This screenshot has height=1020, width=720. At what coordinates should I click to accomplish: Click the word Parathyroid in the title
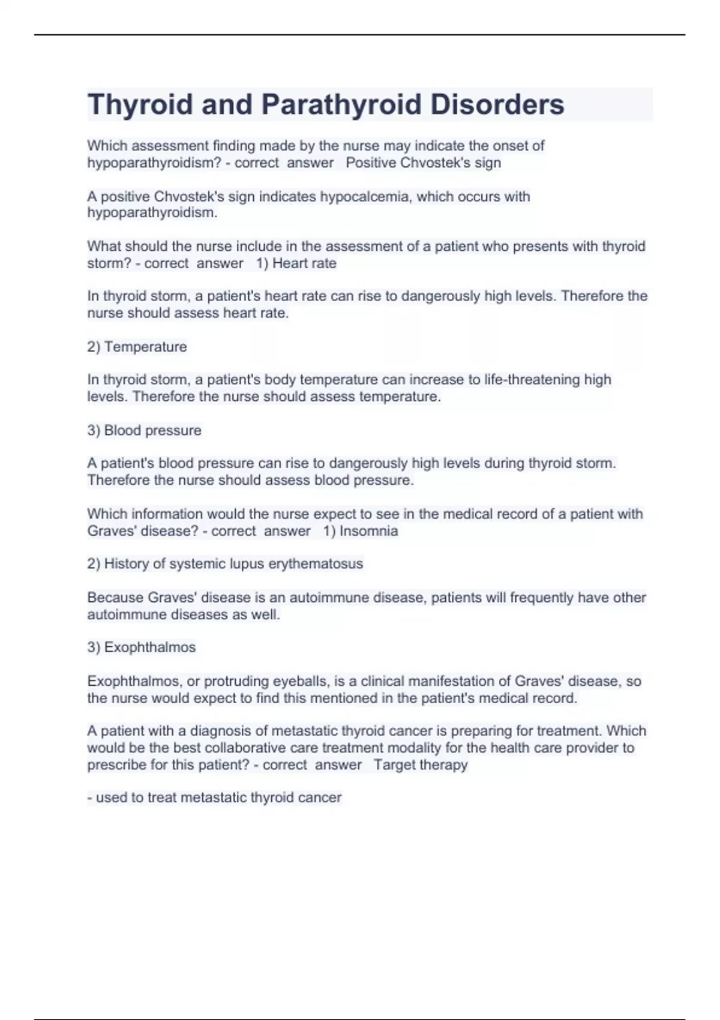click(x=341, y=104)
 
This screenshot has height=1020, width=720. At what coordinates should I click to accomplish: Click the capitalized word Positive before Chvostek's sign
click(x=370, y=163)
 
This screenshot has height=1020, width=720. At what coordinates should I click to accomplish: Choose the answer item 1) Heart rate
click(x=296, y=263)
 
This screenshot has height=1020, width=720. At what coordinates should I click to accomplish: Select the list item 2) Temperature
click(x=137, y=347)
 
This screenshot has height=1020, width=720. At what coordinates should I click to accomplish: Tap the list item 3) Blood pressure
click(x=144, y=430)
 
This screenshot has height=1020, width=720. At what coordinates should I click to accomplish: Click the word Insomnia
click(x=368, y=530)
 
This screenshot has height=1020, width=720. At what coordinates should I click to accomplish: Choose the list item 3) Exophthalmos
click(x=142, y=647)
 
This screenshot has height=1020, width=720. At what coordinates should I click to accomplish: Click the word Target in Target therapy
click(x=394, y=764)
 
